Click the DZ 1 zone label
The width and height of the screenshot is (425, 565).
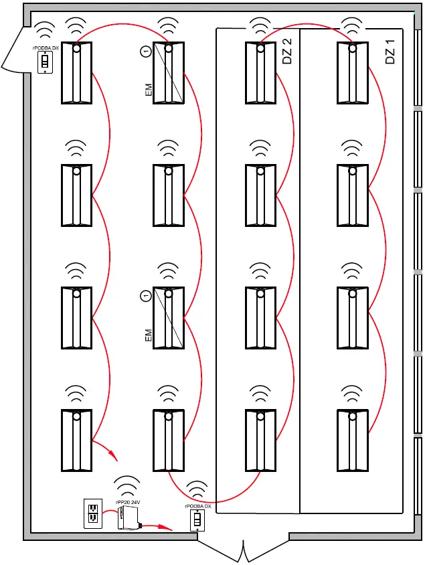[x=391, y=52]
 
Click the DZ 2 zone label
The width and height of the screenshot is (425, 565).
[x=288, y=52]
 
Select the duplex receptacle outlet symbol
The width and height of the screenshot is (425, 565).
[x=92, y=513]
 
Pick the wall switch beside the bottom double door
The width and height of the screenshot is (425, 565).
[x=197, y=520]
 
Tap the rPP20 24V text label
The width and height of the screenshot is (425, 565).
[x=127, y=501]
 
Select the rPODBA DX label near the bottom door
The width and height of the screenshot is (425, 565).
[x=197, y=507]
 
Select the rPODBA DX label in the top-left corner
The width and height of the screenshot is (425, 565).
[x=46, y=49]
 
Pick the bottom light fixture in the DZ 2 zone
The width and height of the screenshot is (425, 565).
[x=261, y=440]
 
